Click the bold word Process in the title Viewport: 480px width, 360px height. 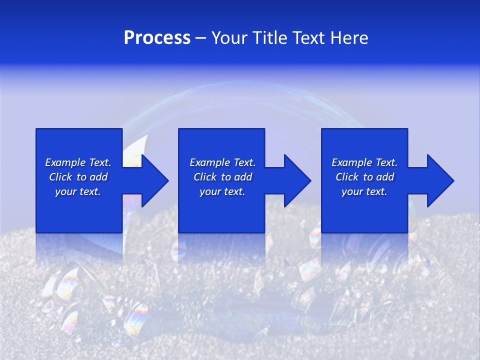tap(157, 38)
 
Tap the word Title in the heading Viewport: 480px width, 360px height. tap(272, 38)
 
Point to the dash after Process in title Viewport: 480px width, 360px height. tap(200, 38)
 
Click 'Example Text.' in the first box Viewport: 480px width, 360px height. tap(78, 162)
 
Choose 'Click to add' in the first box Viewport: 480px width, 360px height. tap(78, 177)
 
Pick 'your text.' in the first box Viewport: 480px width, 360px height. tap(78, 191)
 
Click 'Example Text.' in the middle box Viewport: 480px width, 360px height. tap(222, 162)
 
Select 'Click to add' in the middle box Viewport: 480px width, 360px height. tap(222, 177)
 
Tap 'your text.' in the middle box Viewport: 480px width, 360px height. tap(222, 191)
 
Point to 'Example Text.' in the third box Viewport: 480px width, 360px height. tap(364, 162)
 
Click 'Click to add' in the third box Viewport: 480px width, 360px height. tap(364, 177)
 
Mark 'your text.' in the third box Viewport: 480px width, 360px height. tap(364, 191)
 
